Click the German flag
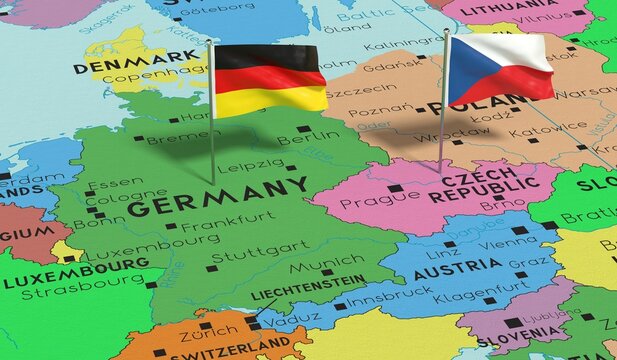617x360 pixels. pos(269,78)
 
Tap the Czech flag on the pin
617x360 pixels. pos(499,68)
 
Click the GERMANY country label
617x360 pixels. pos(217,197)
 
